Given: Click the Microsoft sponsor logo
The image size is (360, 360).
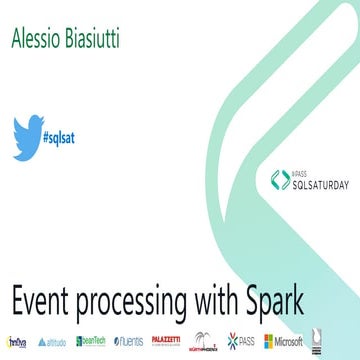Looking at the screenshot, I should [x=284, y=341].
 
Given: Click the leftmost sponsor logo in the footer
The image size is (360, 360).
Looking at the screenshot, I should [x=17, y=341].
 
